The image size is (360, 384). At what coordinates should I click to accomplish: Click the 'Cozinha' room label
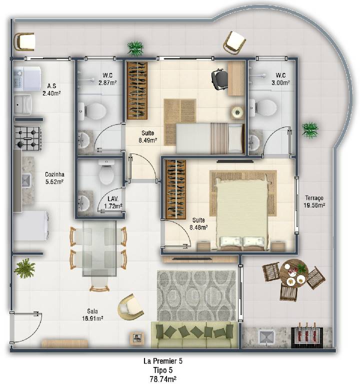click(54, 174)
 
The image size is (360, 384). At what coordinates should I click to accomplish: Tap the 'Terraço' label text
click(314, 198)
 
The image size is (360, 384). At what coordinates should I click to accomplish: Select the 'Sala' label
click(92, 311)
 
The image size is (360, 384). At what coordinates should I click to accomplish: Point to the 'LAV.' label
click(113, 198)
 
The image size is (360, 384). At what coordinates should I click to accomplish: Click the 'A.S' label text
click(51, 86)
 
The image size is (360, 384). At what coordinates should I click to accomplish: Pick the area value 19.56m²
click(314, 205)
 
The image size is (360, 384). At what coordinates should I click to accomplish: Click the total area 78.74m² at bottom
click(163, 379)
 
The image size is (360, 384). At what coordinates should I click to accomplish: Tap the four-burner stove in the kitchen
click(27, 138)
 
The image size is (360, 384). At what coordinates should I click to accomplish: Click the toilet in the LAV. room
click(106, 172)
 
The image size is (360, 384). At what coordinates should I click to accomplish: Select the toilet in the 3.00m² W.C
click(263, 108)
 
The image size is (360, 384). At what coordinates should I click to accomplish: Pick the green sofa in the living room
click(194, 335)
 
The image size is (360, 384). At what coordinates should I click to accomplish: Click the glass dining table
click(99, 248)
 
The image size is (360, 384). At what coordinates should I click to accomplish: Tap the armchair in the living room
click(130, 307)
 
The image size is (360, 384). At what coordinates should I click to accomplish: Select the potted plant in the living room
click(24, 268)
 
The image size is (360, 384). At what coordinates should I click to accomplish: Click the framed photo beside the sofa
click(136, 338)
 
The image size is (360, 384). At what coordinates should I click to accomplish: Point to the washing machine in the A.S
click(27, 78)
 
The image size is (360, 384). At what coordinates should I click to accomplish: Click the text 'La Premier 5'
click(163, 361)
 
